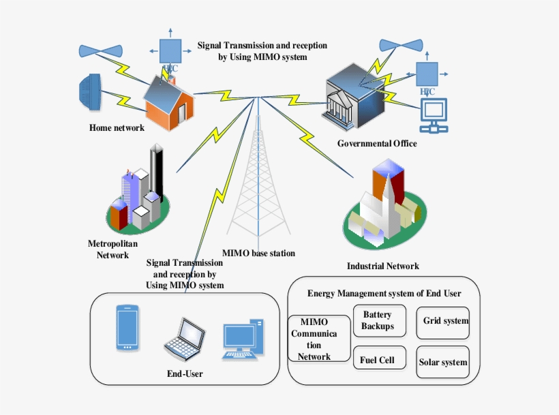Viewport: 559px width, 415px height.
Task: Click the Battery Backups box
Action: pyautogui.click(x=379, y=320)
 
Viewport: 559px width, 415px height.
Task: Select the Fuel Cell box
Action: pyautogui.click(x=378, y=359)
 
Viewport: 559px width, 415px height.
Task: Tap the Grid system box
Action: pyautogui.click(x=444, y=321)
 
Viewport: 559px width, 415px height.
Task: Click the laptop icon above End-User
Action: pyautogui.click(x=185, y=340)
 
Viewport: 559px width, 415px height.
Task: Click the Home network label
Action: pyautogui.click(x=117, y=128)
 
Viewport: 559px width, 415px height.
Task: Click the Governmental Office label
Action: pyautogui.click(x=377, y=144)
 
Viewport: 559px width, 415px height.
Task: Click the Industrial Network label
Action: pyautogui.click(x=382, y=266)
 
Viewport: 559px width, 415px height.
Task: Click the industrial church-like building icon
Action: pyautogui.click(x=382, y=204)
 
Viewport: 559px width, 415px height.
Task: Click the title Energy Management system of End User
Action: pyautogui.click(x=384, y=294)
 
